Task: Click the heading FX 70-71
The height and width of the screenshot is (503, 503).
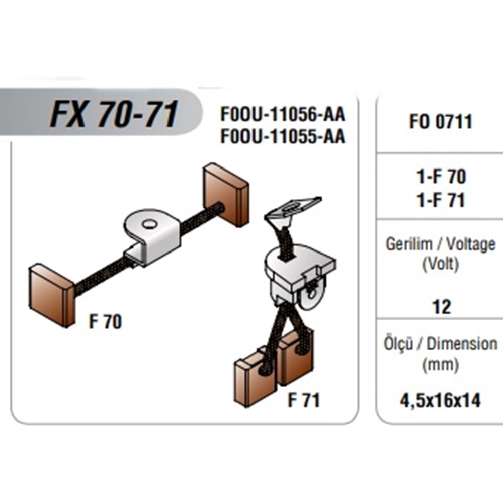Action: click(x=114, y=115)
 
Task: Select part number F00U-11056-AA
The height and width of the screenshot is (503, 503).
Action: click(x=283, y=115)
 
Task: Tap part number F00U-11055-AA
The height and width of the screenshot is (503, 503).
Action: click(x=283, y=136)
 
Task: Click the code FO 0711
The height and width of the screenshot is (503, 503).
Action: click(x=441, y=122)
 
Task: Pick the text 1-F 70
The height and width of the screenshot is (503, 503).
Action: click(x=441, y=177)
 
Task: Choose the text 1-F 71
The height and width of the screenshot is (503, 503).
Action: click(x=441, y=200)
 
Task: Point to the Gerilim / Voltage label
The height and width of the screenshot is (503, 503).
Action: click(x=441, y=244)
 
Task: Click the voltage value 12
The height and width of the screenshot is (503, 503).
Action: click(x=441, y=306)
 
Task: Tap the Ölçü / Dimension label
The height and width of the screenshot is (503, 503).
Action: click(x=441, y=344)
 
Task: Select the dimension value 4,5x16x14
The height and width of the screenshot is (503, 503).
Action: click(x=441, y=401)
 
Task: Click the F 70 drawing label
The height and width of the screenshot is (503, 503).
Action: click(x=105, y=322)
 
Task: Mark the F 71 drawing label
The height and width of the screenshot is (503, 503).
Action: click(x=304, y=401)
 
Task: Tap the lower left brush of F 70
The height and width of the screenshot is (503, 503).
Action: click(x=51, y=295)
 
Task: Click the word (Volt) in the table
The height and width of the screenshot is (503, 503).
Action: click(x=441, y=264)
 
